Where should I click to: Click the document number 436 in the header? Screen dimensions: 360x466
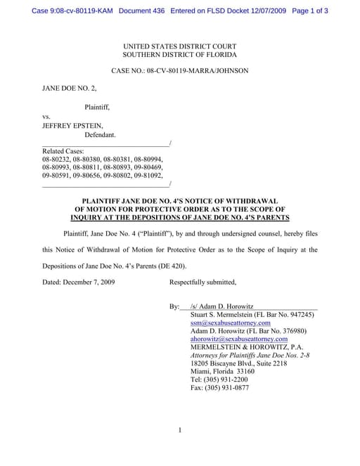tap(150, 11)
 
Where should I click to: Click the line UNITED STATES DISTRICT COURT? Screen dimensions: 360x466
tap(180, 45)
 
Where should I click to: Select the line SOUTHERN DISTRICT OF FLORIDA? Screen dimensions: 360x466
tap(180, 54)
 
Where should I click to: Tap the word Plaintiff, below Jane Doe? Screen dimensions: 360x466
tap(97, 107)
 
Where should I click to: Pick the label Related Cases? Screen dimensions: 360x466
tap(63, 151)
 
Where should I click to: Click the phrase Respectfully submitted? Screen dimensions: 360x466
tap(203, 283)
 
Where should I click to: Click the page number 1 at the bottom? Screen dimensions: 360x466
tap(180, 430)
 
